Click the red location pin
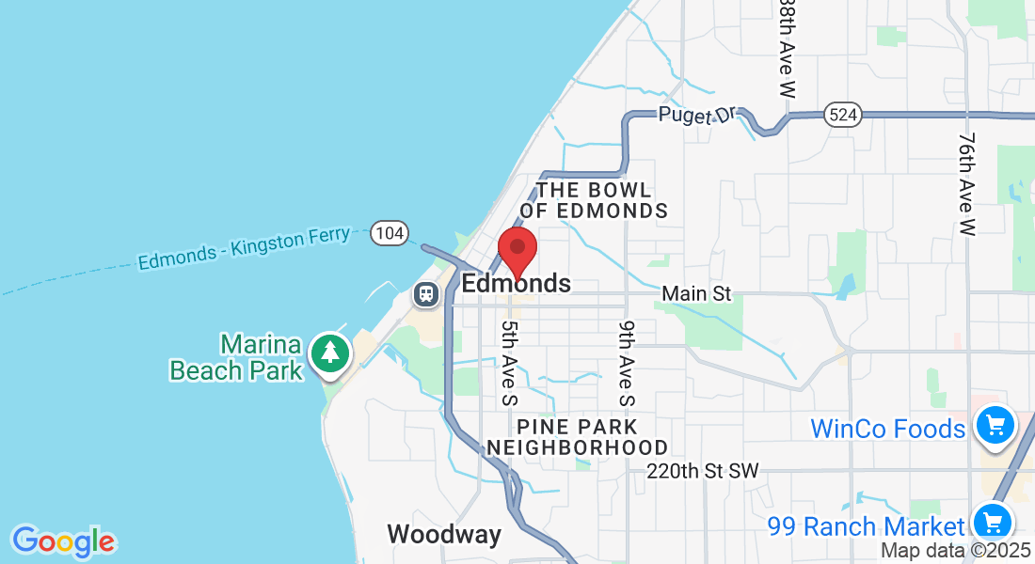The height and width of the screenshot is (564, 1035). [x=517, y=250]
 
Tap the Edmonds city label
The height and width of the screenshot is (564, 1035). [x=517, y=283]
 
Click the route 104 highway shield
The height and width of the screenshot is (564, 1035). [x=388, y=232]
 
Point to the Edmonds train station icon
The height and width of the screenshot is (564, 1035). [x=426, y=294]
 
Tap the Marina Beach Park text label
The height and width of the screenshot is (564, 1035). [x=236, y=357]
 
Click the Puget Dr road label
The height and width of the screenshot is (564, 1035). [x=696, y=114]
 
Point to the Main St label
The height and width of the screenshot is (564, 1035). [x=696, y=294]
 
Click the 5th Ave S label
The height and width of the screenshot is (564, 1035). [x=509, y=362]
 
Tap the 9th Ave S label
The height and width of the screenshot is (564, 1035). [x=627, y=362]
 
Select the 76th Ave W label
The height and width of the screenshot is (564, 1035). [x=966, y=182]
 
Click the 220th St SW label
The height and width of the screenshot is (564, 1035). [x=702, y=470]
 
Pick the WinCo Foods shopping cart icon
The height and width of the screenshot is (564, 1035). [x=995, y=426]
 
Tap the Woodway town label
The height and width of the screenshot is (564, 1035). [x=444, y=535]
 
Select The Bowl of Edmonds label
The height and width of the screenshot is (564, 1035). [x=594, y=200]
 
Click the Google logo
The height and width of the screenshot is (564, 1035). [x=63, y=541]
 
